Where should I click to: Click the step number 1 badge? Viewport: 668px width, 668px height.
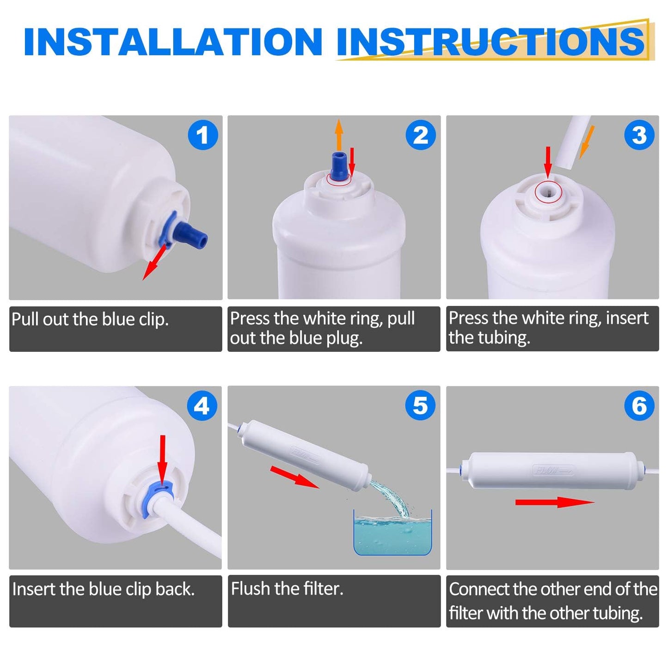point(203,135)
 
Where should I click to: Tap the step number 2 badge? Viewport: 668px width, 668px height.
point(421,135)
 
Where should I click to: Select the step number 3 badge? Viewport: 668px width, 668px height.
point(639,135)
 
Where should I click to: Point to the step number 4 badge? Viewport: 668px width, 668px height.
point(202,405)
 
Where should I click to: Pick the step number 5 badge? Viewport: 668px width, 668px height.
point(421,405)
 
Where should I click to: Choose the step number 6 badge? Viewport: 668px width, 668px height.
point(639,405)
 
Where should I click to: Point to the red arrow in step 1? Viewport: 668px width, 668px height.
point(155,263)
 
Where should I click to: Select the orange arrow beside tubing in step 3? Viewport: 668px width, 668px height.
point(587,142)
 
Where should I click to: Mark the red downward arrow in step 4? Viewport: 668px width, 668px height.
point(163,460)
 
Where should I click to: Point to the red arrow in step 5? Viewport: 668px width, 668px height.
point(294,477)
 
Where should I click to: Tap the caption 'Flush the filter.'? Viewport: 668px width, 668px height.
point(288,588)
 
